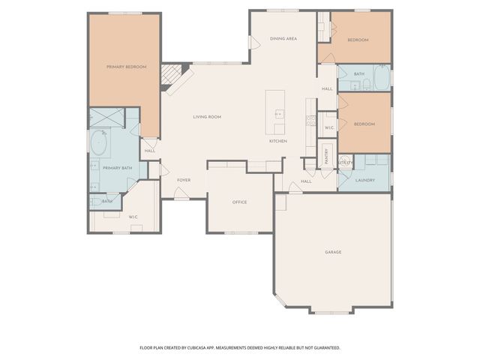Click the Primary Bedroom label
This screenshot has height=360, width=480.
[x=126, y=67]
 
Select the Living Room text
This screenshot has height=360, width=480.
[x=206, y=117]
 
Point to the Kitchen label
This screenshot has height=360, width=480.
[x=278, y=141]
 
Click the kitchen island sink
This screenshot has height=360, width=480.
[x=280, y=115]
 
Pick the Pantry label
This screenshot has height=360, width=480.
[x=327, y=155]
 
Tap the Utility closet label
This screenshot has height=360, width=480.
[x=345, y=162]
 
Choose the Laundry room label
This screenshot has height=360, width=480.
[x=365, y=180]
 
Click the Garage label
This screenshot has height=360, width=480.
[x=333, y=252]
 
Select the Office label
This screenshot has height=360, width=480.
[x=239, y=202]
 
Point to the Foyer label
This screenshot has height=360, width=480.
[x=184, y=180]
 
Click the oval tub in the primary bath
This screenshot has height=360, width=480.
[x=99, y=142]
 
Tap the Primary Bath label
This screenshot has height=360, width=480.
[x=117, y=168]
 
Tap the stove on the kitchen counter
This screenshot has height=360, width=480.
[x=310, y=120]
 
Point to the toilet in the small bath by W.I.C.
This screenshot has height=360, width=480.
[x=95, y=201]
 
